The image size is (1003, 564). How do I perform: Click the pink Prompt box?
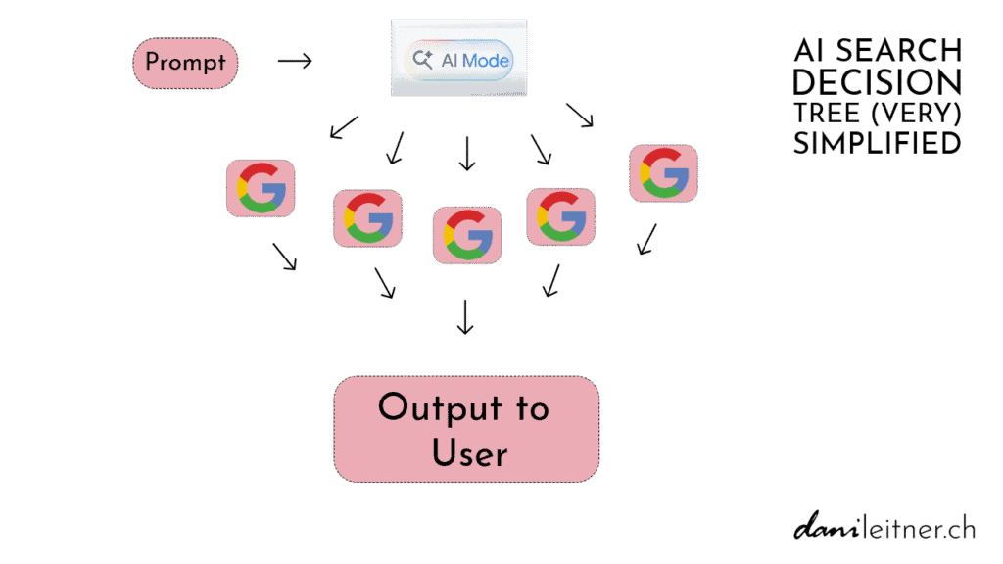click(x=185, y=63)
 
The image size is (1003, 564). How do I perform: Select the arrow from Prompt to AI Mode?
click(x=294, y=62)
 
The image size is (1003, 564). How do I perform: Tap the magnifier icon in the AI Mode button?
click(x=423, y=60)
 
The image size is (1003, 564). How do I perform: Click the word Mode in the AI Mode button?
click(x=486, y=60)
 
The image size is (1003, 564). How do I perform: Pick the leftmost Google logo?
click(x=261, y=188)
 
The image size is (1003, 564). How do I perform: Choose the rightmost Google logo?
click(x=663, y=173)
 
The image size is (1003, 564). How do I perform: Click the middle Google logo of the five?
click(x=467, y=235)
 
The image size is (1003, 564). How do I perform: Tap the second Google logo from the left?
click(x=367, y=217)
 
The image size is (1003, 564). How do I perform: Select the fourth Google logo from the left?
click(x=560, y=216)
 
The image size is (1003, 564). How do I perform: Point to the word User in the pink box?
click(x=470, y=453)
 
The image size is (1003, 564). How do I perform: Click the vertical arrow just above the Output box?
click(x=465, y=315)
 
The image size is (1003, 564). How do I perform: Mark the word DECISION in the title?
click(x=877, y=82)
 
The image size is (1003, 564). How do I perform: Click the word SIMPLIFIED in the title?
click(x=877, y=143)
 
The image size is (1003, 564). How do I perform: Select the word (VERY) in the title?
click(x=916, y=113)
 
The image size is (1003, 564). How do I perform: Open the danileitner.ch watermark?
click(x=884, y=529)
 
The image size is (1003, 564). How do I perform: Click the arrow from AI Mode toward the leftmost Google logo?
click(x=343, y=127)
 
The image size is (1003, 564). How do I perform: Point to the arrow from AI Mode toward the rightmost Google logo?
click(x=580, y=116)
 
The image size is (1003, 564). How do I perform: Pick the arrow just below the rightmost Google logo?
click(x=646, y=239)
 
